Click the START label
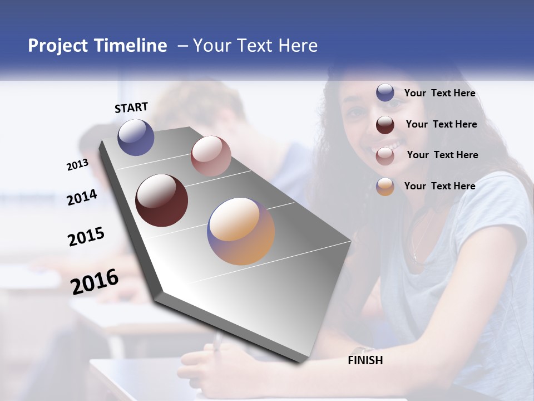(131, 107)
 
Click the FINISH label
(365, 360)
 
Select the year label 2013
(77, 164)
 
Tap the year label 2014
(82, 198)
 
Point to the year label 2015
(86, 237)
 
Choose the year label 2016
(95, 282)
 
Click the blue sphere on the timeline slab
(136, 137)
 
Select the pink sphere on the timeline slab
(211, 156)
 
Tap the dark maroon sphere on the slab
(162, 200)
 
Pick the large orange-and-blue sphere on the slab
(241, 231)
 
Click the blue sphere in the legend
(385, 92)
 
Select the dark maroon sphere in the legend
(385, 124)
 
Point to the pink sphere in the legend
(385, 155)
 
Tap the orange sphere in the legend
(385, 187)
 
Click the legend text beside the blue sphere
(439, 93)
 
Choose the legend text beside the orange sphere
(439, 186)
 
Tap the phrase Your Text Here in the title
(255, 46)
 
